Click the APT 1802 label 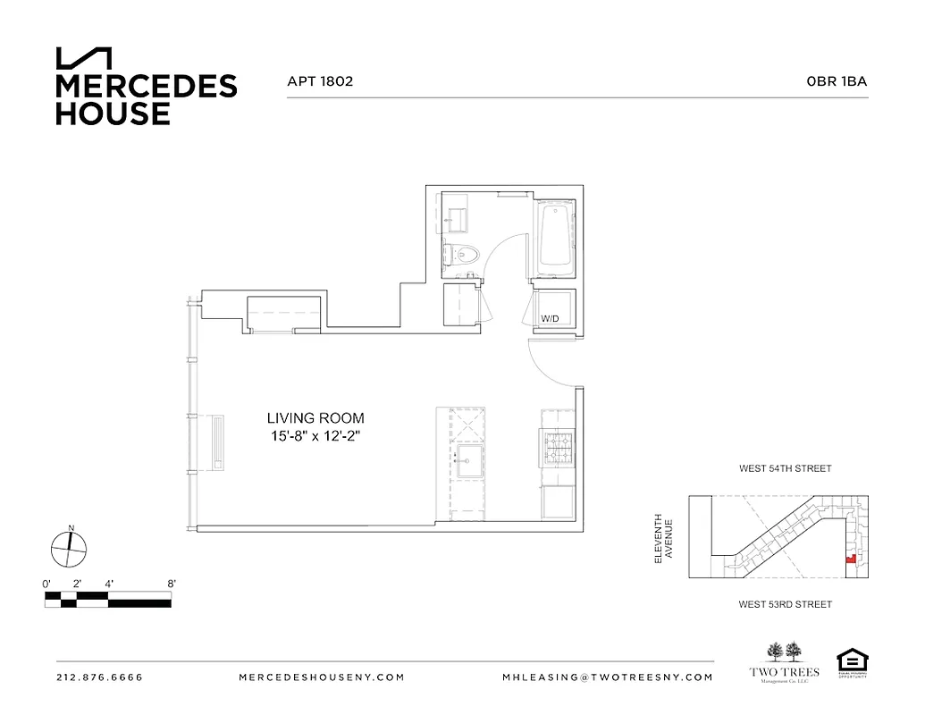click(320, 81)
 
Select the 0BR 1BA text click(837, 81)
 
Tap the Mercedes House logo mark click(84, 58)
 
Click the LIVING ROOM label click(315, 417)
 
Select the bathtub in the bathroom click(554, 236)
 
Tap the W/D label click(550, 319)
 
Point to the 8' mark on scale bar click(171, 584)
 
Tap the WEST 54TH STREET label click(785, 468)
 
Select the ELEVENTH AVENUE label click(662, 536)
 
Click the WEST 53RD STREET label click(785, 605)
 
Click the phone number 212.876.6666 click(99, 677)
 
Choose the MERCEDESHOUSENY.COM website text click(322, 677)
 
